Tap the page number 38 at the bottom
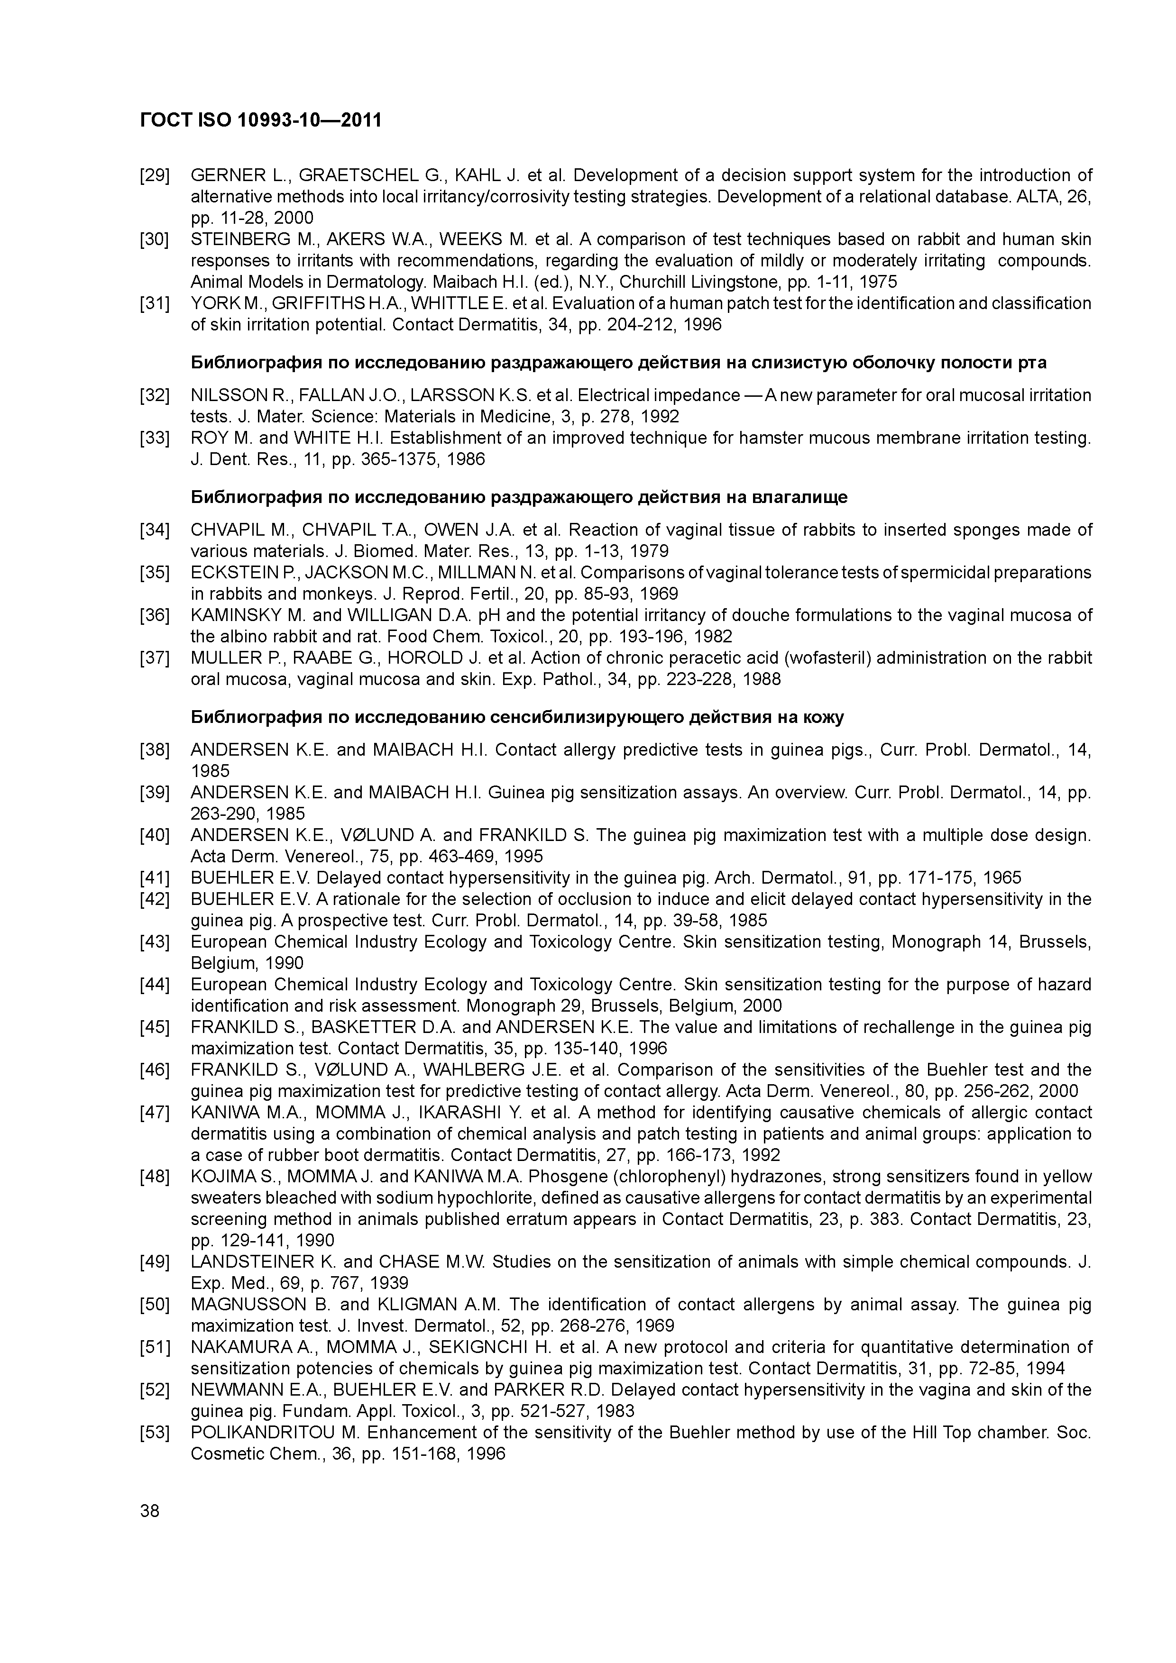point(150,1511)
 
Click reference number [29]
point(154,175)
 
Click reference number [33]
point(154,438)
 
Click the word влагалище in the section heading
point(800,498)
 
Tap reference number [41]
point(154,878)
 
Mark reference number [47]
point(154,1113)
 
